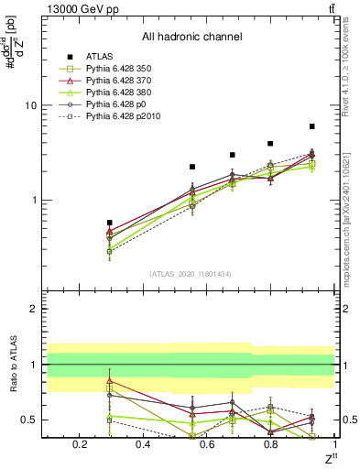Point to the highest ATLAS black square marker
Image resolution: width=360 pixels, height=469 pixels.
point(312,126)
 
